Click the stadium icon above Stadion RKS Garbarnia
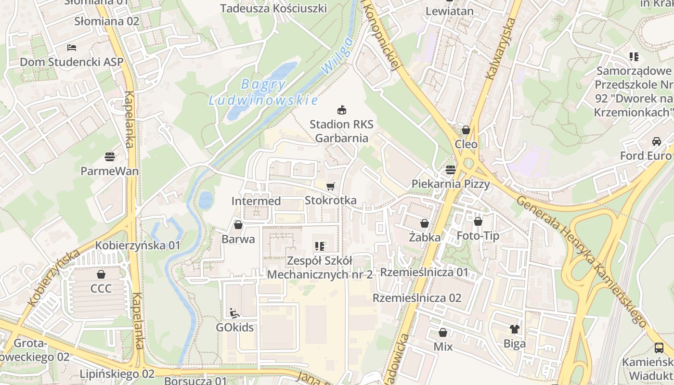click(341, 110)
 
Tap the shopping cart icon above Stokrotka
click(331, 186)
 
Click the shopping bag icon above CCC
click(101, 275)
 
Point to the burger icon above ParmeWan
click(110, 156)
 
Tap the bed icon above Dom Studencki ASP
click(72, 48)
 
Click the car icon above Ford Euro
click(656, 141)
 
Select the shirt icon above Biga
click(515, 329)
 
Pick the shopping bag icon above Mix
click(443, 333)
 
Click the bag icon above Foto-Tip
click(478, 221)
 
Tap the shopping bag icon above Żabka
click(425, 223)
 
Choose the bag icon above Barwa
click(238, 225)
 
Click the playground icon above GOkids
click(234, 313)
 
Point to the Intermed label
click(256, 201)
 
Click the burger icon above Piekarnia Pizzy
click(451, 169)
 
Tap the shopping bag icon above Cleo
click(466, 130)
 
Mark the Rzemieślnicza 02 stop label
click(417, 298)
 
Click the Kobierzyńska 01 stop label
click(138, 245)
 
